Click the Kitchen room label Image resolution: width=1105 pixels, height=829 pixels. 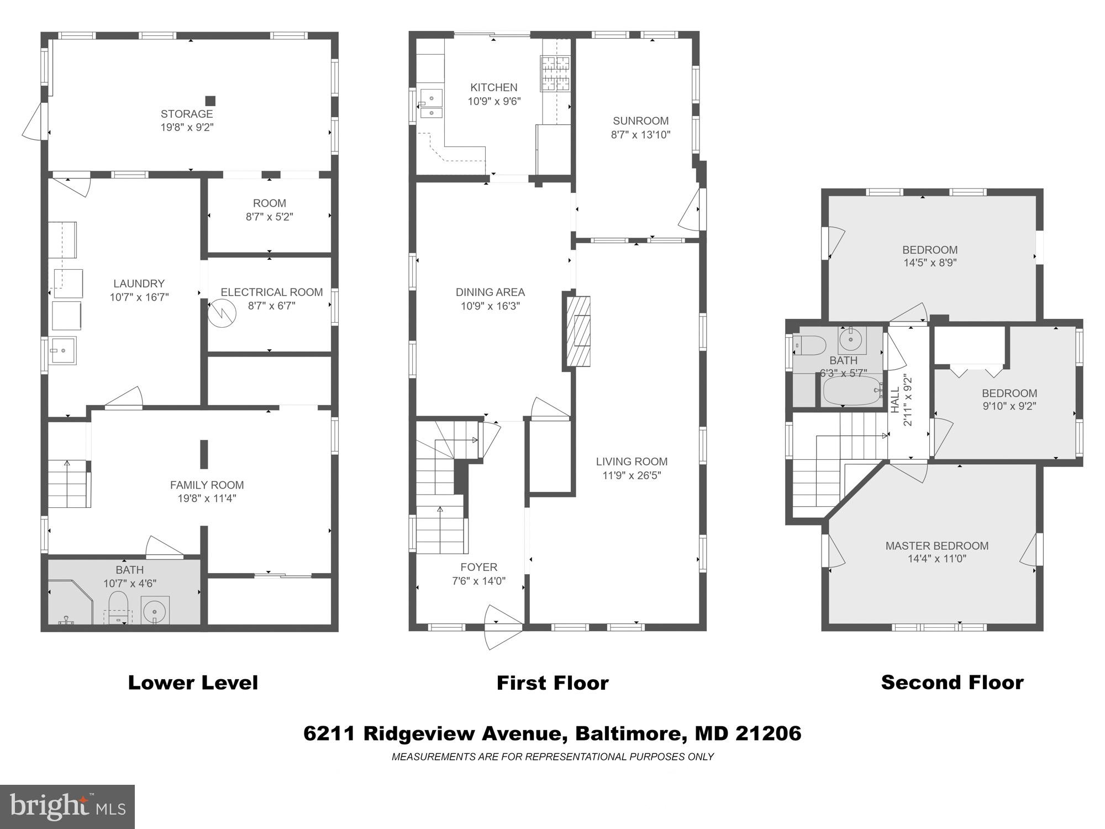pyautogui.click(x=493, y=87)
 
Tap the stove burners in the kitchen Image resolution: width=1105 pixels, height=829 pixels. pyautogui.click(x=555, y=74)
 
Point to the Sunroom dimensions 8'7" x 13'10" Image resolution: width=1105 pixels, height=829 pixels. pyautogui.click(x=640, y=134)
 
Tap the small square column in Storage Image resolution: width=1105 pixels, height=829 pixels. pyautogui.click(x=210, y=101)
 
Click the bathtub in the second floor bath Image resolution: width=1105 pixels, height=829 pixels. pyautogui.click(x=851, y=391)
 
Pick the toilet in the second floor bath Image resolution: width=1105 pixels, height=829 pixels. pyautogui.click(x=810, y=345)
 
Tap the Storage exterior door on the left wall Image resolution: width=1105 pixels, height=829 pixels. pyautogui.click(x=34, y=122)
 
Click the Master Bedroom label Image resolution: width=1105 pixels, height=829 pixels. pyautogui.click(x=936, y=545)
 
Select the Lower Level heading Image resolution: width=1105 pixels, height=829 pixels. pyautogui.click(x=193, y=683)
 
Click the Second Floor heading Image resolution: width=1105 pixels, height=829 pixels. pyautogui.click(x=952, y=682)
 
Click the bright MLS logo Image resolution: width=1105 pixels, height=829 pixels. pyautogui.click(x=67, y=807)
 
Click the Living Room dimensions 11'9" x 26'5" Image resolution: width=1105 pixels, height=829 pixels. pyautogui.click(x=632, y=475)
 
